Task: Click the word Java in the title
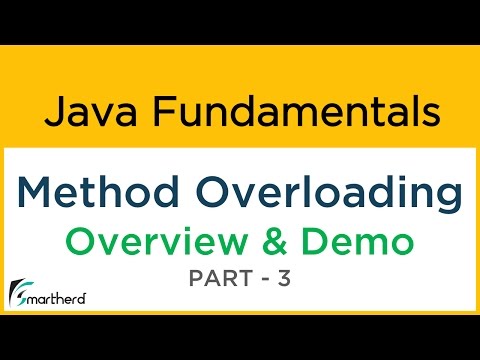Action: click(x=79, y=109)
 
